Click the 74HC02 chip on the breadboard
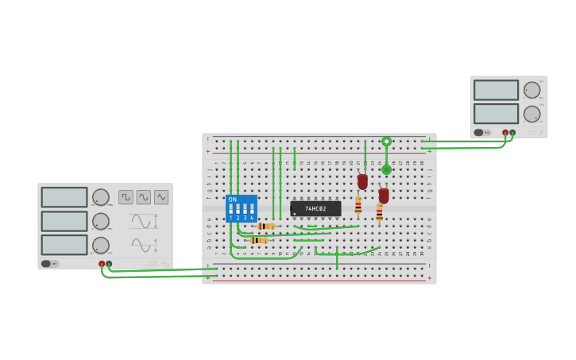315,208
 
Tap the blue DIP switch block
241,208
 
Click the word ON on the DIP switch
232,199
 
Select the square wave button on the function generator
126,197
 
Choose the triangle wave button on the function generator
161,197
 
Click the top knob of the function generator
101,197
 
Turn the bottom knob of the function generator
101,245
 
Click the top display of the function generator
64,197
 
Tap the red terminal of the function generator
102,264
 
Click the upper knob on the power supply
532,90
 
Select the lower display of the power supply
496,114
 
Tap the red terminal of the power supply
505,133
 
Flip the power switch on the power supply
481,133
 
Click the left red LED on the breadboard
362,181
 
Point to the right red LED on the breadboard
384,195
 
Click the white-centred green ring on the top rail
386,141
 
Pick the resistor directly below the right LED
379,213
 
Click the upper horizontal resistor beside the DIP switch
265,226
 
